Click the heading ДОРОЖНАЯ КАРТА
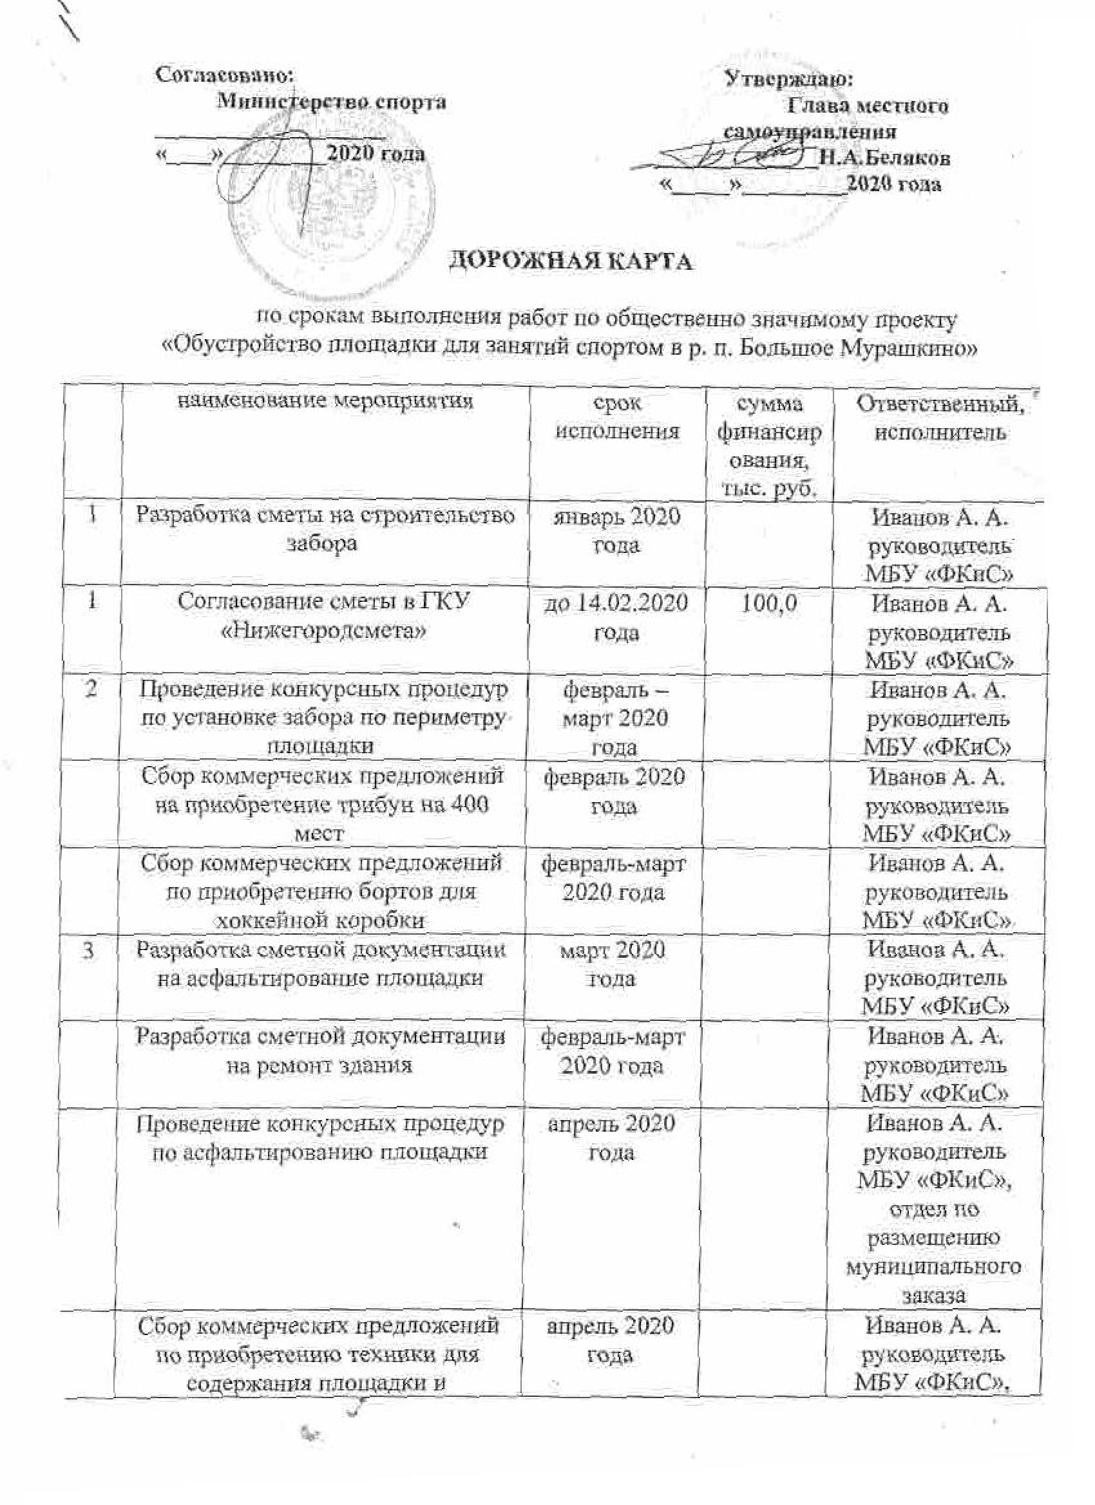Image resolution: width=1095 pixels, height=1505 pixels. pyautogui.click(x=571, y=261)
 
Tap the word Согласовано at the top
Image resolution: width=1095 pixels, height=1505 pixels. pyautogui.click(x=224, y=74)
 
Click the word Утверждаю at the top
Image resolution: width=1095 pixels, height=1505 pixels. pyautogui.click(x=789, y=80)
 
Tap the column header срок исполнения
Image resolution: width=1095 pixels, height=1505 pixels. pyautogui.click(x=617, y=417)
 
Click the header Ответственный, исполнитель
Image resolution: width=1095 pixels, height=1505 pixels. pyautogui.click(x=938, y=418)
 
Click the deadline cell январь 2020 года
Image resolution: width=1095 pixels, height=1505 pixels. pyautogui.click(x=617, y=531)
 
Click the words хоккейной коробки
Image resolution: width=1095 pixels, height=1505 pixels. pyautogui.click(x=321, y=921)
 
